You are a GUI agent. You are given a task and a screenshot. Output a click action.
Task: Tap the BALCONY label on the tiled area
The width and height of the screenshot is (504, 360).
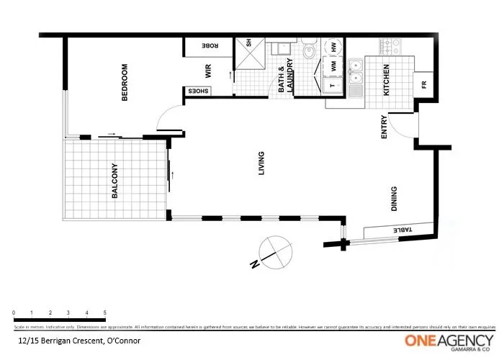pos(115,181)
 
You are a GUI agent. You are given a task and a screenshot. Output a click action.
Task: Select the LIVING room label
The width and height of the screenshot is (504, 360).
pos(261,163)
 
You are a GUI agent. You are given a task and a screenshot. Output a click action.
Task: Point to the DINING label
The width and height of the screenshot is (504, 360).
pos(394,199)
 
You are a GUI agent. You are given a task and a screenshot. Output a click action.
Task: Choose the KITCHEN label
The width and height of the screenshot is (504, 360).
pos(386,80)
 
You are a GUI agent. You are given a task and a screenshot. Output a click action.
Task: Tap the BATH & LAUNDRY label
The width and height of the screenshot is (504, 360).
pos(286,80)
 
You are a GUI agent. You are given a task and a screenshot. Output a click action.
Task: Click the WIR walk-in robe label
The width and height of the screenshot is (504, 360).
pos(207,71)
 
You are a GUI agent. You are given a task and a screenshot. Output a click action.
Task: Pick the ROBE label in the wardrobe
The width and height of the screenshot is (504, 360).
pos(210,45)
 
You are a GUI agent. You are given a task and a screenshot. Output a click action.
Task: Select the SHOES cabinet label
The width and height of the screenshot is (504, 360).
pos(199,91)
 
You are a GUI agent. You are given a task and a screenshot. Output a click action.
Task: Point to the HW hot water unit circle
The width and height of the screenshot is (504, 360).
pos(335,46)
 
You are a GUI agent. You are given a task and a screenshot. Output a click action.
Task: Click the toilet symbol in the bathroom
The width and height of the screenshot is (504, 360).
pos(308,50)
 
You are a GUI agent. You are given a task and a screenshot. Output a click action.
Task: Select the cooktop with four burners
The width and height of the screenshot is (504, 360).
pos(390,47)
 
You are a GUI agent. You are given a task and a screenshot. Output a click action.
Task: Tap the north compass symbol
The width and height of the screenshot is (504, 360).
pos(274,251)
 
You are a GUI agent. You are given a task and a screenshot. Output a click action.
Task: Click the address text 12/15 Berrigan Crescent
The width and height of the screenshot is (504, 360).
pos(79,340)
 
